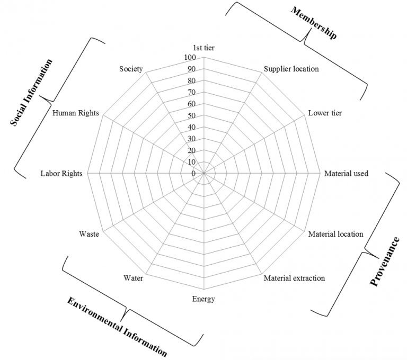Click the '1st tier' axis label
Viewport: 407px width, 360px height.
tap(203, 48)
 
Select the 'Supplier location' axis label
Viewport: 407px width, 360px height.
tap(291, 69)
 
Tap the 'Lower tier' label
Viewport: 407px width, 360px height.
tap(325, 113)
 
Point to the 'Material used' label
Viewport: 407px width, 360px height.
tap(346, 173)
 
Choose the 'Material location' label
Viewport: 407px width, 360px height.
tap(335, 234)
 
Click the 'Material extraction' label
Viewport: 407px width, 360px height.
tap(294, 278)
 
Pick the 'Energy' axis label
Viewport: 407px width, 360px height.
tap(203, 299)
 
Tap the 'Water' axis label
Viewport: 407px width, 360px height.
tap(133, 278)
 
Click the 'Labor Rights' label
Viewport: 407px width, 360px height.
tap(61, 174)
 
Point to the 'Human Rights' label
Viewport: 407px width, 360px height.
tap(76, 113)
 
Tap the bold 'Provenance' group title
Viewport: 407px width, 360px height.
tap(385, 262)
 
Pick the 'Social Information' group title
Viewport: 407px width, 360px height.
tap(32, 93)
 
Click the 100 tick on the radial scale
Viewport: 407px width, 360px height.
tap(190, 57)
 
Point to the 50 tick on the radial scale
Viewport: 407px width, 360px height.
tap(191, 115)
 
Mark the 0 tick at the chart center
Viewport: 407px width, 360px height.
tap(193, 174)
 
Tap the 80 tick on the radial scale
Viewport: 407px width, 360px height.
tap(191, 80)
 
